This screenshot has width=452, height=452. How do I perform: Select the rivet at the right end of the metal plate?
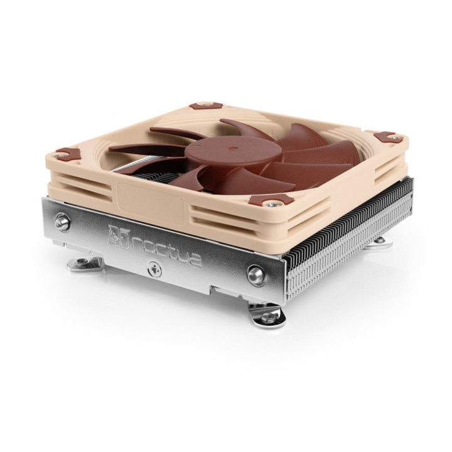tap(256, 272)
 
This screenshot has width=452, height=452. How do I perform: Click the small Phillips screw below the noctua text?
tap(151, 268)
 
